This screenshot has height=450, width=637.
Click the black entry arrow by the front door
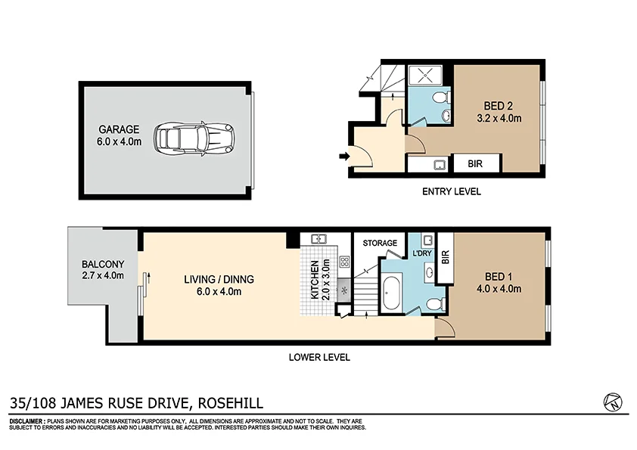point(343,157)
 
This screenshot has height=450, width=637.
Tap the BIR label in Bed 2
point(475,164)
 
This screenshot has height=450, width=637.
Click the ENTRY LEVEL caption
point(451,191)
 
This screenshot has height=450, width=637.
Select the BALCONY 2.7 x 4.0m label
point(102,270)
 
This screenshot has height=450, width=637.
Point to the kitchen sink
point(318,239)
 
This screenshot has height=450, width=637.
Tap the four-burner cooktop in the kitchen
point(344,262)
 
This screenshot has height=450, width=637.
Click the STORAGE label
point(380,243)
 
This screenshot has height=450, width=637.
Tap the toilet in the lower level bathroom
point(434,304)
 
